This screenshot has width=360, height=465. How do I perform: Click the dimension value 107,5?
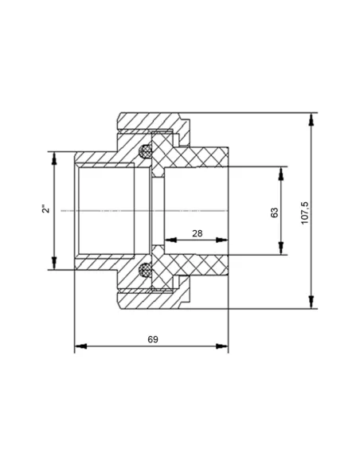pos(305,213)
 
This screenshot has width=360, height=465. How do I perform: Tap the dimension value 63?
pos(275,213)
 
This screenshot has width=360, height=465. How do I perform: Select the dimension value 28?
pos(198,233)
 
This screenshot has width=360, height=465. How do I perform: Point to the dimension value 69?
pos(153,339)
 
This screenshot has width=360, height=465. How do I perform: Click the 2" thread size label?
pos(46,209)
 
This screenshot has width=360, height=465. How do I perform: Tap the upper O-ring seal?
pos(145,151)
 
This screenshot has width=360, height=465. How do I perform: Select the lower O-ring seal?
pos(145,270)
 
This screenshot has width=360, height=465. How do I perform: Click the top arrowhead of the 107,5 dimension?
pos(311,119)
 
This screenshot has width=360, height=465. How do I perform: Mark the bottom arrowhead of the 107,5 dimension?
pos(311,303)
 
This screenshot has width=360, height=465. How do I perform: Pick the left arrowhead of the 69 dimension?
pos(80,346)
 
